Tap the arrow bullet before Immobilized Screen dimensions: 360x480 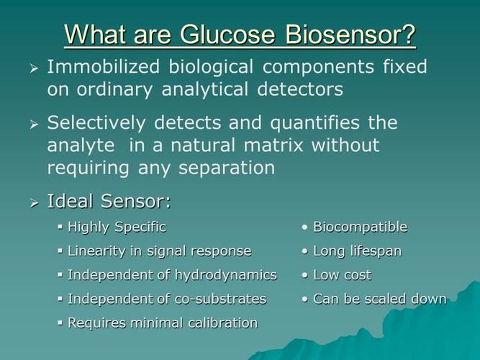point(34,68)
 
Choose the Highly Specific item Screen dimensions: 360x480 point(117,227)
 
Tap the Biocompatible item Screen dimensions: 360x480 point(360,227)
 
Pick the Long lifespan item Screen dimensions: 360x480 point(357,251)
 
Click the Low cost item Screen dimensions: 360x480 point(342,274)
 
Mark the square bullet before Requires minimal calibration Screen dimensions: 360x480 point(60,323)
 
